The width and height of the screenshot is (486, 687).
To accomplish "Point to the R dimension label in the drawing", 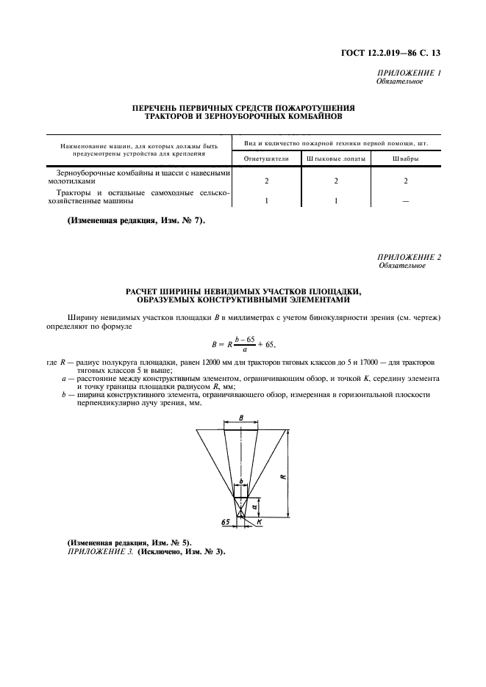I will [283, 476].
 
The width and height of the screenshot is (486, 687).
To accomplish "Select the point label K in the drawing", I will [260, 523].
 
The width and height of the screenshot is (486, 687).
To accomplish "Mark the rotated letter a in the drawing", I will [254, 506].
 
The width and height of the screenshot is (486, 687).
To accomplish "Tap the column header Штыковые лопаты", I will [335, 159].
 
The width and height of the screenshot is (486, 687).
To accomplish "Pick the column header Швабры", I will [405, 159].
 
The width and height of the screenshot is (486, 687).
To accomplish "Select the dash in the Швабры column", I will [405, 201].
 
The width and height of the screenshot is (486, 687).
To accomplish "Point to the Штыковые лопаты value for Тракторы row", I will [335, 200].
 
